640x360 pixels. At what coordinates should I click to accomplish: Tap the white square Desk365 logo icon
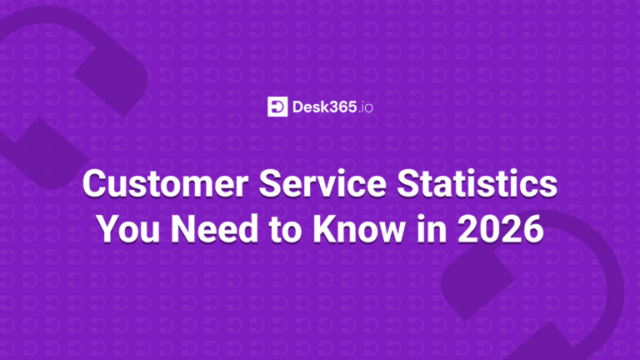point(277,107)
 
